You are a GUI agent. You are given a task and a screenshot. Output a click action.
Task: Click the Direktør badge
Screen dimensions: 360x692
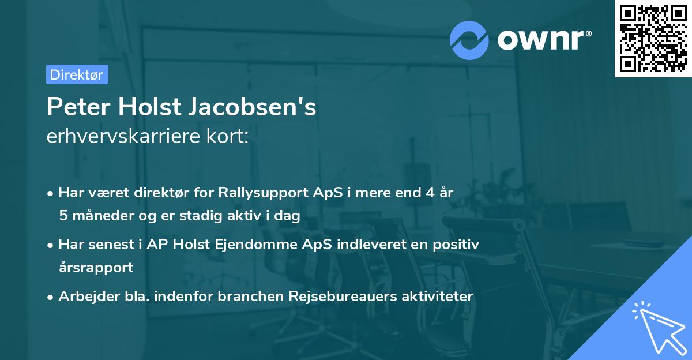tap(77, 74)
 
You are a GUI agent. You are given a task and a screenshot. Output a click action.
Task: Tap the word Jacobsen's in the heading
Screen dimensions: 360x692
tap(254, 107)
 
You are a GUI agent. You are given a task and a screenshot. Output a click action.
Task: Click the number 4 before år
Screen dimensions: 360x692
tap(430, 192)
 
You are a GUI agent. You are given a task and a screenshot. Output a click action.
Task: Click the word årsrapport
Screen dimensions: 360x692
tap(96, 267)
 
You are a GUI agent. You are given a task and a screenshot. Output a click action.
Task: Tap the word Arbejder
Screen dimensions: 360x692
tap(84, 296)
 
